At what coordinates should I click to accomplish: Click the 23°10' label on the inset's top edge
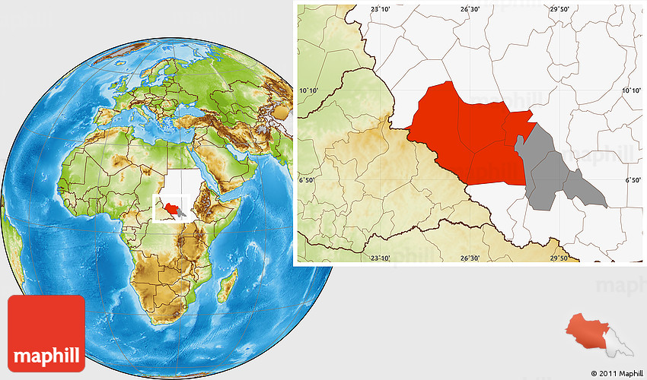[380, 8]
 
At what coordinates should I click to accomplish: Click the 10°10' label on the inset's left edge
[309, 90]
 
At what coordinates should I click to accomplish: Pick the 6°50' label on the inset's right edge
[633, 180]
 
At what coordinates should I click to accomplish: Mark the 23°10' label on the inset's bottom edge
[380, 258]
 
